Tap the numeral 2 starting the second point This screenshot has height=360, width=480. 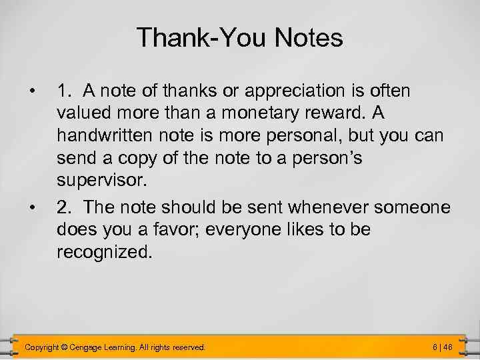[62, 208]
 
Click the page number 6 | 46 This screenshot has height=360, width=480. [442, 347]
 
